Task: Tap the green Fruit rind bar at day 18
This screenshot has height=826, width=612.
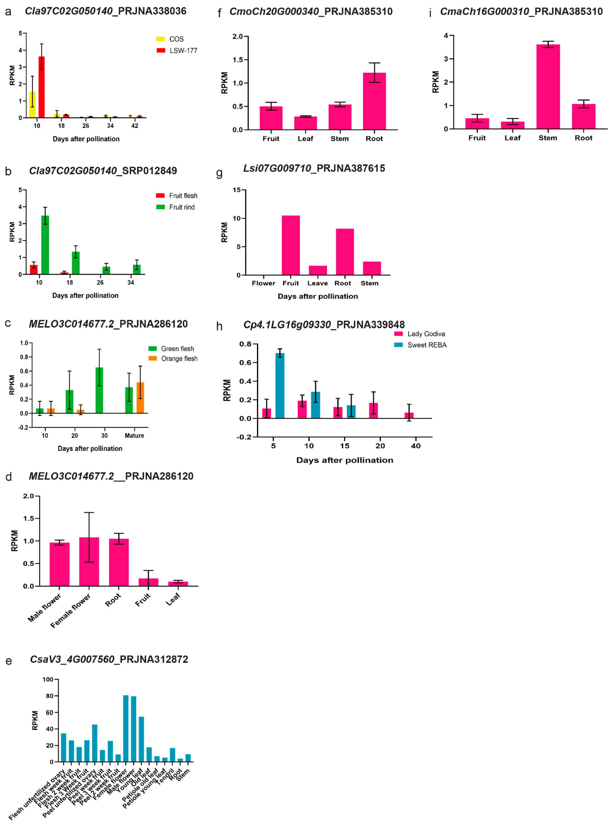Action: point(76,263)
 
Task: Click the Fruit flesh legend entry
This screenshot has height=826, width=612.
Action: point(177,195)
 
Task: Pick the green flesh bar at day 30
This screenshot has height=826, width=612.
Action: point(99,390)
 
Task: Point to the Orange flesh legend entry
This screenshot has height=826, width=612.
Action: point(173,358)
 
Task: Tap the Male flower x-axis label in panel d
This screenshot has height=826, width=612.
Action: point(44,608)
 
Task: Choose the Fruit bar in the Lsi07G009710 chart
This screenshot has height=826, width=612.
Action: point(291,245)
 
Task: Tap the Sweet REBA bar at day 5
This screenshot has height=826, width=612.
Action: point(280,386)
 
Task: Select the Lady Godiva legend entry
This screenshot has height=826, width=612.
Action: point(420,334)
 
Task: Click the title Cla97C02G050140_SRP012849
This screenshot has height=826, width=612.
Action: point(103,171)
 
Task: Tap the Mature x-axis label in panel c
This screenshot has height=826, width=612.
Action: point(134,435)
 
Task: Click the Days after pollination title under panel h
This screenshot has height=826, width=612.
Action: point(345,460)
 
